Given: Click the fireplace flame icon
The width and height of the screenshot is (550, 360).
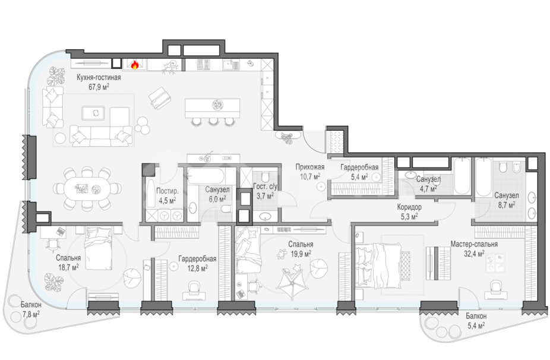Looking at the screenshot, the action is [134, 65].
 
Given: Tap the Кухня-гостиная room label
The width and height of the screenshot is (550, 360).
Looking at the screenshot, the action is [99, 78].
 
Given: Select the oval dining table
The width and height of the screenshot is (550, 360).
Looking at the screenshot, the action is [87, 189].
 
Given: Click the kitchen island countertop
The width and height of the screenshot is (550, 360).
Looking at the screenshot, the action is [212, 108].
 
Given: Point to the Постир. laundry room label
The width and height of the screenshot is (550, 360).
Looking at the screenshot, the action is [167, 191].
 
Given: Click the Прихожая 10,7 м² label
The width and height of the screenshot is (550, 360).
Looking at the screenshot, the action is [309, 172].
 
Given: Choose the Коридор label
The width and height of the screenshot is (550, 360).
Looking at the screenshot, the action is [409, 207].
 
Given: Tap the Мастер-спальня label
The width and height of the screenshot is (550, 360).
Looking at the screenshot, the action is [474, 244].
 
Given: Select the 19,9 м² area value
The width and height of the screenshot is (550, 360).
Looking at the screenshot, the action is [301, 253].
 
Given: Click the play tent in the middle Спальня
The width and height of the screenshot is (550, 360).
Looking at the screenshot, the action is [292, 282].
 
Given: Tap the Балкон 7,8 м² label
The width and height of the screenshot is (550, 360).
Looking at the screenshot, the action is [30, 309].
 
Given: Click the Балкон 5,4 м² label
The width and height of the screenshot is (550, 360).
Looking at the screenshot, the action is [476, 320].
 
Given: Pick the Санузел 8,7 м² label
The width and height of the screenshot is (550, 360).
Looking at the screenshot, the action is [505, 199].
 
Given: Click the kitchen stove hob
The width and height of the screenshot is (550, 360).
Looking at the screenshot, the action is [204, 64].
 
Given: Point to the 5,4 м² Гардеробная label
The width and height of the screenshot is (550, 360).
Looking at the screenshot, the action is [359, 172].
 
